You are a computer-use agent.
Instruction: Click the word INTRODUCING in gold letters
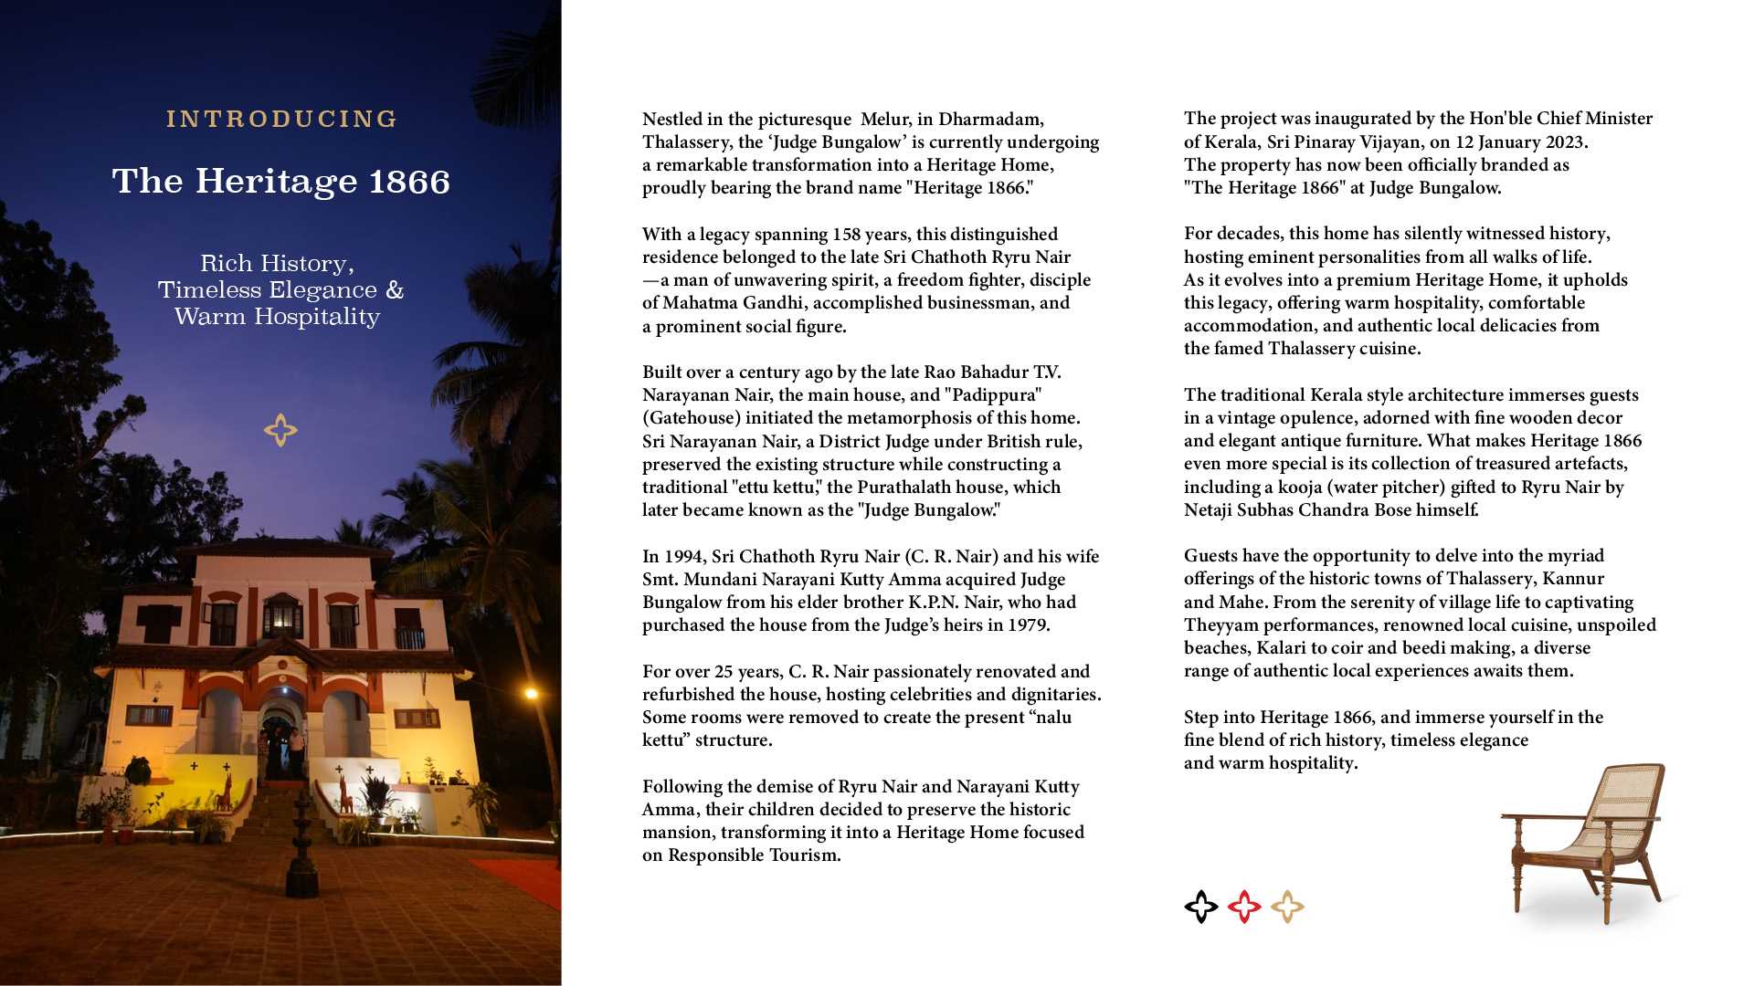281,120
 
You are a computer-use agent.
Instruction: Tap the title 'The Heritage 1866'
281,181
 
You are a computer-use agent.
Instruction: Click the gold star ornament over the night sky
280,430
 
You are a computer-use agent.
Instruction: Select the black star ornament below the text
1201,907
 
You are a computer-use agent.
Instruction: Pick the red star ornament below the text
1244,907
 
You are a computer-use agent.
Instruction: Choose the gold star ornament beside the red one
1287,907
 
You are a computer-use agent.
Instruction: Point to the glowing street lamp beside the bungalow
531,695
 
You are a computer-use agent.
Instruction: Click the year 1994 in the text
683,557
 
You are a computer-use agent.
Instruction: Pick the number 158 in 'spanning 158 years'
847,235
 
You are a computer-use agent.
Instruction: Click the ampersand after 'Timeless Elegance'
395,290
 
